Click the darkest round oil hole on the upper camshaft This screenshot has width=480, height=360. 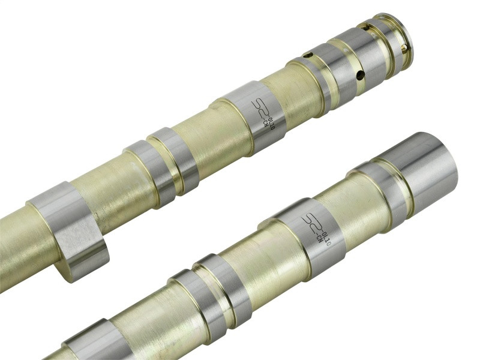361,75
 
